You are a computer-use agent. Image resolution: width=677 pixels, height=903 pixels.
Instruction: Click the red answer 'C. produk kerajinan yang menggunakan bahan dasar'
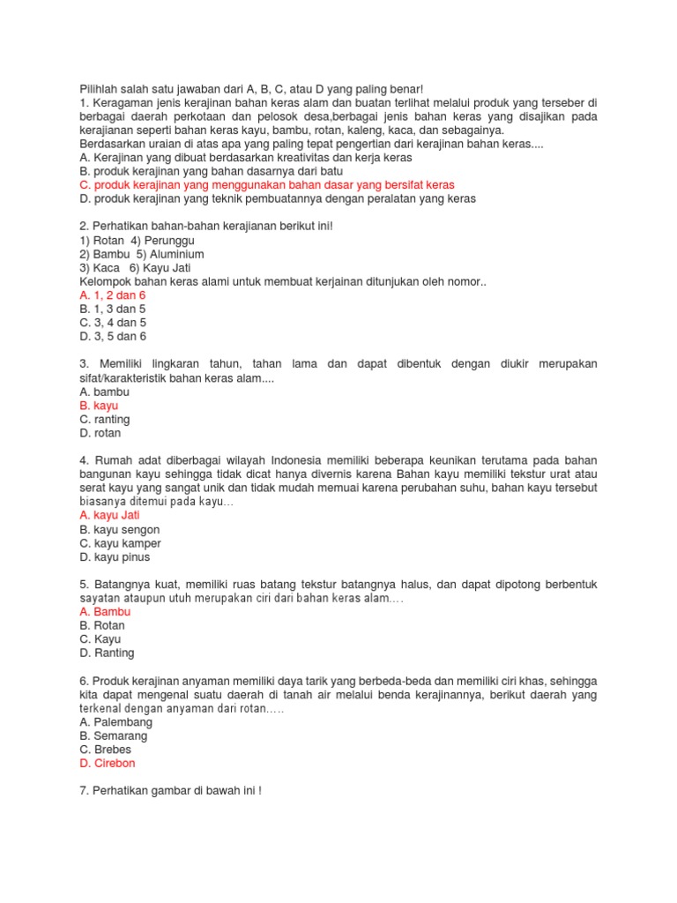click(x=266, y=185)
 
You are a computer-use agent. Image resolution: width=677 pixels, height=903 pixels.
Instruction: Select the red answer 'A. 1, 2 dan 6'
click(x=112, y=295)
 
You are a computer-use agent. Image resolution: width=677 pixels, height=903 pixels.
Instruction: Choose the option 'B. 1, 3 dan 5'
click(x=112, y=309)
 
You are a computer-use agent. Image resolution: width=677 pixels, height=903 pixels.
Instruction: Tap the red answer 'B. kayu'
click(x=99, y=406)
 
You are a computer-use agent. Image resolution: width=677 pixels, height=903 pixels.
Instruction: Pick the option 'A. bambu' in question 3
click(x=104, y=392)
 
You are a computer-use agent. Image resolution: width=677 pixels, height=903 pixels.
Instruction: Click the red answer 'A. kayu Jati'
click(x=109, y=515)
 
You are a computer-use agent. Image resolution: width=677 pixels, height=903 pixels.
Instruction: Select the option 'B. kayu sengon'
click(x=119, y=529)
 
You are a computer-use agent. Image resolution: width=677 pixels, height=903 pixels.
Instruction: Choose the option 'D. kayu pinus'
click(x=114, y=557)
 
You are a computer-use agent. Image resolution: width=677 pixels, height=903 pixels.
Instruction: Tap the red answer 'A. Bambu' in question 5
click(x=104, y=611)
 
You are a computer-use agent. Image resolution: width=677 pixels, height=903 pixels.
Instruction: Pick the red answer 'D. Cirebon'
click(x=107, y=764)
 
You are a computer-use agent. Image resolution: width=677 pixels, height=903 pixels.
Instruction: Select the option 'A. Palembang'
click(x=115, y=721)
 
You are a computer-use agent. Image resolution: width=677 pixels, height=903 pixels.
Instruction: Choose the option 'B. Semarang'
click(x=113, y=735)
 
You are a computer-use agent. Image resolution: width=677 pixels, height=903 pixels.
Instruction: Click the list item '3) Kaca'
click(x=98, y=268)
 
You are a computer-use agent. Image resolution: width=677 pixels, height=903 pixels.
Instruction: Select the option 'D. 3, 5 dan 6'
click(x=112, y=337)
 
